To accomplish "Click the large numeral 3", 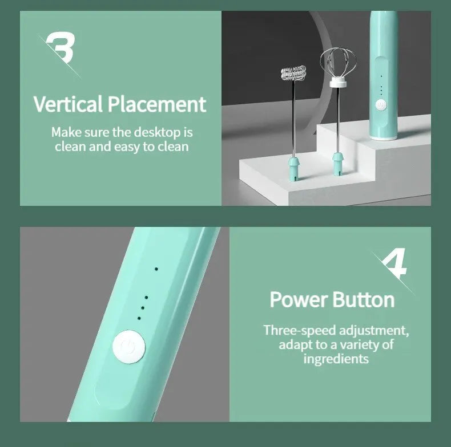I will pos(61,48).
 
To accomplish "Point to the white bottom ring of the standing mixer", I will pos(384,137).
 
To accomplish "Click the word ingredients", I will pos(336,359).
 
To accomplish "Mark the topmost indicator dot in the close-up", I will pos(156,269).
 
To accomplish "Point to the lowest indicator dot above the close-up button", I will pos(138,318).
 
